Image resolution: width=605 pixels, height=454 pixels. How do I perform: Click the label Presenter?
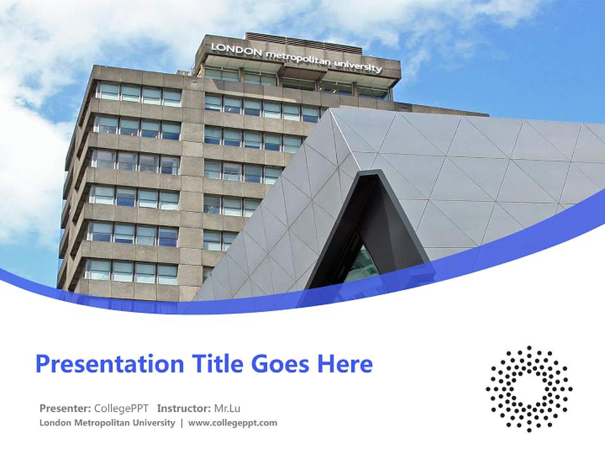66,407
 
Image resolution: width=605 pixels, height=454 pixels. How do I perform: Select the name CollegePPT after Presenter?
121,407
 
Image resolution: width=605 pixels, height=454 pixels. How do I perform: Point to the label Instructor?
183,407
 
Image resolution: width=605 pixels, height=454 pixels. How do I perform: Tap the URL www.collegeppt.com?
233,423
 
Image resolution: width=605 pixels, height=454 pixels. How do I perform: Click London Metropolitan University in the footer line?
107,423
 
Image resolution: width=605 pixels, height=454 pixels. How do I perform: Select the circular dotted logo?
529,388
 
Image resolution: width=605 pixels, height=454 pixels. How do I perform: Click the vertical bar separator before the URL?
181,423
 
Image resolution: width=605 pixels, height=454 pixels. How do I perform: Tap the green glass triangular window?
362,265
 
